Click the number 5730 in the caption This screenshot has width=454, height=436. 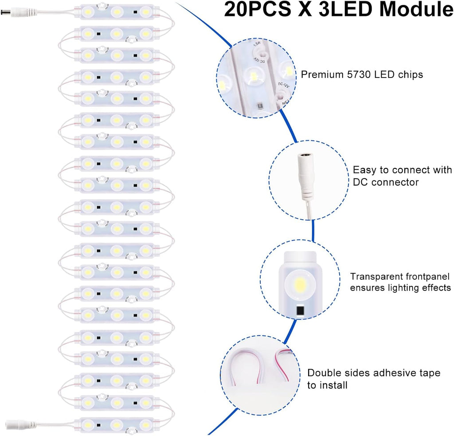355,74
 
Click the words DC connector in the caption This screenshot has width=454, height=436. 386,182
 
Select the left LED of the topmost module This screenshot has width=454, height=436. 88,10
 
